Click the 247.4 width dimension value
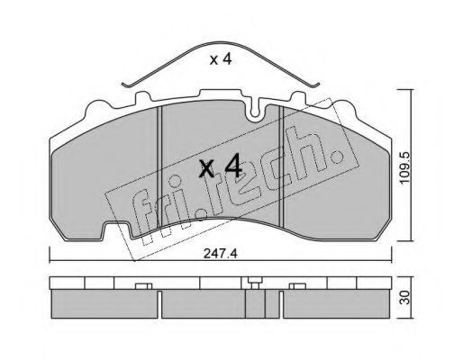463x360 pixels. (221, 254)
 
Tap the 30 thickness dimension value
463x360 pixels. (405, 298)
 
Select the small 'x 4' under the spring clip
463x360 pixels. (221, 59)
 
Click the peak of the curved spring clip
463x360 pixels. (222, 42)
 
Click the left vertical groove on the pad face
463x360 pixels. (159, 166)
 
